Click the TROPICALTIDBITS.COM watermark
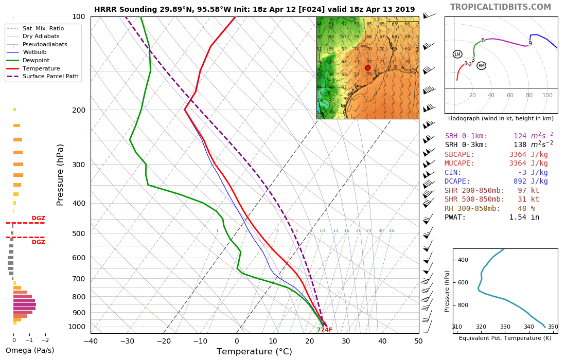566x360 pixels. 500,7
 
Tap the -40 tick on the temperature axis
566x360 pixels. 91,340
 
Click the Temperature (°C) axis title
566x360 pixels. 254,352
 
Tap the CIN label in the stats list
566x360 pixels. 453,172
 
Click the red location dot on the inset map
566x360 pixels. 368,68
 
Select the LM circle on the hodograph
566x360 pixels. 457,54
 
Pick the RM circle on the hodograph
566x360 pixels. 481,66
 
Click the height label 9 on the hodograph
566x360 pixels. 530,43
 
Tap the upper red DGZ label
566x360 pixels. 39,218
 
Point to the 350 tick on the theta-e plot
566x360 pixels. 553,327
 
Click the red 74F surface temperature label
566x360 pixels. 326,330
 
